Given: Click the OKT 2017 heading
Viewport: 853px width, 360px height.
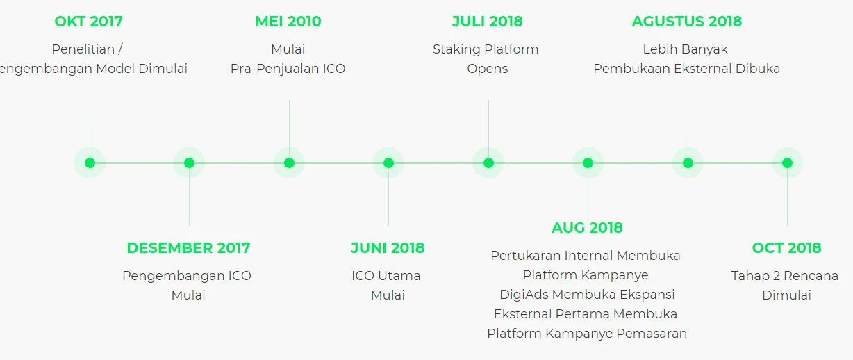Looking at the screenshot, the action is pyautogui.click(x=88, y=22).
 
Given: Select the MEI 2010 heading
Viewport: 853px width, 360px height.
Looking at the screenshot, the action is pyautogui.click(x=288, y=22).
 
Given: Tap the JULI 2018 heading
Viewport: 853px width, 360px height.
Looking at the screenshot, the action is pyautogui.click(x=488, y=22).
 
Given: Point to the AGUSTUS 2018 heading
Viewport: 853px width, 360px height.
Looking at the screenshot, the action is pyautogui.click(x=687, y=22).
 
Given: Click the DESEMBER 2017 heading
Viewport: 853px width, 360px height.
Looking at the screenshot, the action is pyautogui.click(x=188, y=248).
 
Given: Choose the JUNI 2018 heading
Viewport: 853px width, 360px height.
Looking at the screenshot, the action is pyautogui.click(x=388, y=248).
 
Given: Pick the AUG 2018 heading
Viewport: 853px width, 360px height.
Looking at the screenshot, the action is pyautogui.click(x=587, y=228).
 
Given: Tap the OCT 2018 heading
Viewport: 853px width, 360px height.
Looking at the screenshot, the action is pyautogui.click(x=787, y=248).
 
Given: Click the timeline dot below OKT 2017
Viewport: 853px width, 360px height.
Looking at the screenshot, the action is pyautogui.click(x=90, y=163).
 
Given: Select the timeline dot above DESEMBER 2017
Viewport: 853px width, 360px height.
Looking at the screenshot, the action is pyautogui.click(x=189, y=163).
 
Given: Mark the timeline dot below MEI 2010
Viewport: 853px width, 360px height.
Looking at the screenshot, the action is pyautogui.click(x=290, y=163).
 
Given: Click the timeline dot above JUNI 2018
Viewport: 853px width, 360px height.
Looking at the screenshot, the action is pyautogui.click(x=388, y=163).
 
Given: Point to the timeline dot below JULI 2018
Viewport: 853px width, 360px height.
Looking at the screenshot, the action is pyautogui.click(x=488, y=163).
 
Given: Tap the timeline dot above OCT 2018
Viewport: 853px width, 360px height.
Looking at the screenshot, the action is pyautogui.click(x=788, y=163).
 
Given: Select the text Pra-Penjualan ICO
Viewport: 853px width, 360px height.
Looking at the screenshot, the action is pyautogui.click(x=288, y=69).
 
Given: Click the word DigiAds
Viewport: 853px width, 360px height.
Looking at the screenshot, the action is pyautogui.click(x=524, y=295).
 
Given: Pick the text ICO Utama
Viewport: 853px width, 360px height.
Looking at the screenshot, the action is pyautogui.click(x=386, y=276).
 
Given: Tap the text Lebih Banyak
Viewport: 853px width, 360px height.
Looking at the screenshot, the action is pyautogui.click(x=686, y=49).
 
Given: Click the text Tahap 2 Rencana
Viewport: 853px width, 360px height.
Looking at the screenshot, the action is pyautogui.click(x=785, y=276).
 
